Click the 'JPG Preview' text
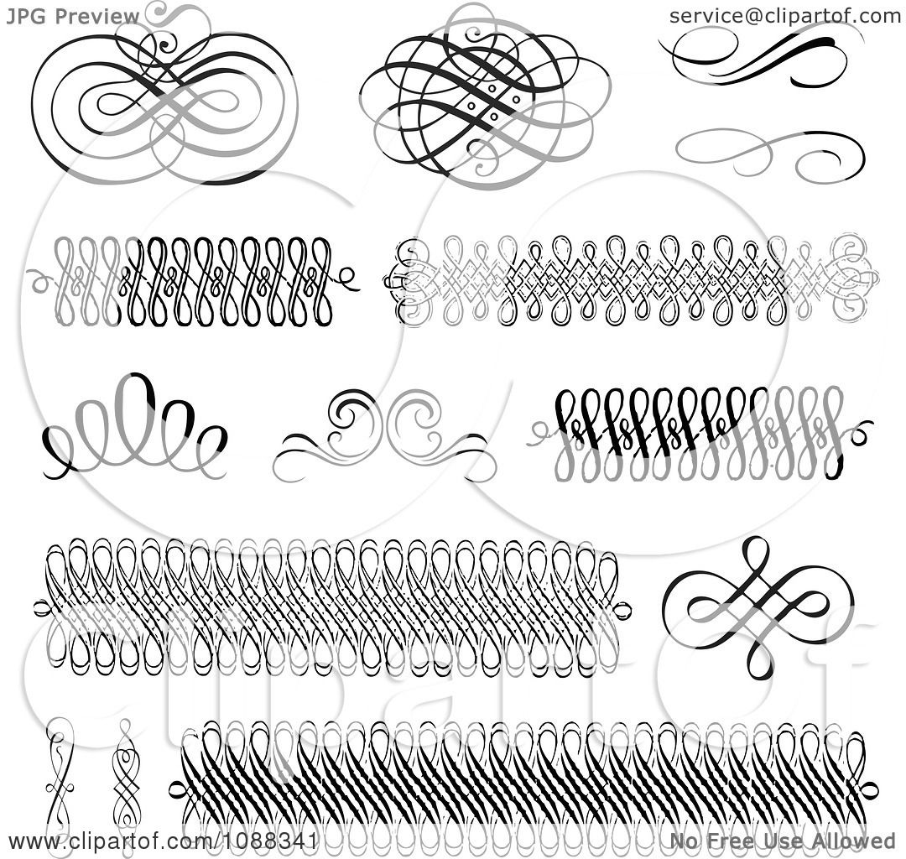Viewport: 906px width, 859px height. point(72,16)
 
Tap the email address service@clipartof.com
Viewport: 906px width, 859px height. point(784,16)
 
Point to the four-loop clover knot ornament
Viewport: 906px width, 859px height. point(752,607)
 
